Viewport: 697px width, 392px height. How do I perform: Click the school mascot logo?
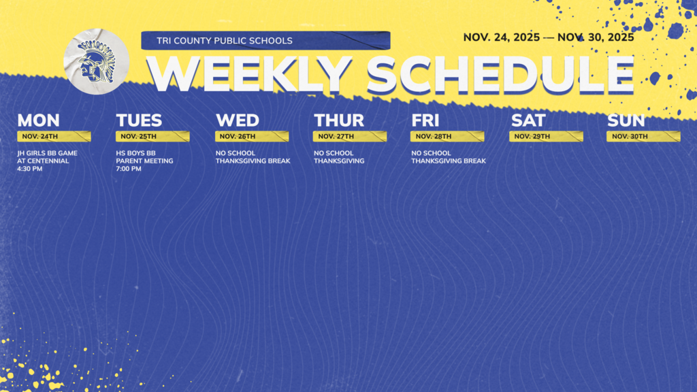point(96,61)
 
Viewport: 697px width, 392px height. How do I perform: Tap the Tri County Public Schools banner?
point(265,41)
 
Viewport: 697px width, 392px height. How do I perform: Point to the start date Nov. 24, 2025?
point(502,37)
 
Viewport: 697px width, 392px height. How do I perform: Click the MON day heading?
point(38,120)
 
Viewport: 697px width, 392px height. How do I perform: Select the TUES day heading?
point(139,120)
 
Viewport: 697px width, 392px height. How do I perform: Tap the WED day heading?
point(238,120)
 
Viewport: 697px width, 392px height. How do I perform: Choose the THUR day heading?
point(339,120)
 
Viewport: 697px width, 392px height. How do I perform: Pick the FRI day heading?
point(425,120)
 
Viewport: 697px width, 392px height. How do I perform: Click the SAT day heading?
point(528,120)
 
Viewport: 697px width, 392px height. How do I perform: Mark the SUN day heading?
point(626,120)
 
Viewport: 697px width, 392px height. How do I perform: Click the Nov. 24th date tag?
point(54,136)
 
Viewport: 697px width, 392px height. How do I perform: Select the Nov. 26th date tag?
point(251,136)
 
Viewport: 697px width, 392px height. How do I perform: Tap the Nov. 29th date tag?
point(546,136)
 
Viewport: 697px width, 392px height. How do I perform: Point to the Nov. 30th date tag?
point(643,136)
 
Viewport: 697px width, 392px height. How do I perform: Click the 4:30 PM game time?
point(30,169)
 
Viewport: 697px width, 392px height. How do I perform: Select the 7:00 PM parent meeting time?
point(129,169)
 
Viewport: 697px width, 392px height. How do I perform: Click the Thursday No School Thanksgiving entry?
point(339,157)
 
